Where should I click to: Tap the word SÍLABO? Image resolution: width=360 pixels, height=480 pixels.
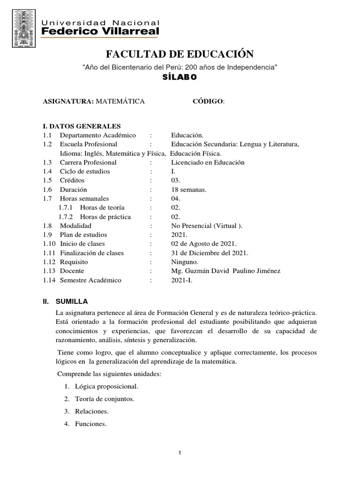click(x=180, y=78)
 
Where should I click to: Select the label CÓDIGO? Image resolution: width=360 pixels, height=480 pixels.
click(x=208, y=101)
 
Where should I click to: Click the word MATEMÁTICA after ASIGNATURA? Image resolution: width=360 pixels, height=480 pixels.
click(x=120, y=101)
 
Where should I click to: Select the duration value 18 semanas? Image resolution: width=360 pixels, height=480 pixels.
click(x=189, y=190)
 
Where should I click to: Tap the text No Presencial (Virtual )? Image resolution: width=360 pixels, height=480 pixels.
click(x=207, y=226)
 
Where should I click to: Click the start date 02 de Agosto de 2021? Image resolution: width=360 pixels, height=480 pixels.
click(x=204, y=244)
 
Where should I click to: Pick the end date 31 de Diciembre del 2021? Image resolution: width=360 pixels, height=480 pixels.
click(x=210, y=253)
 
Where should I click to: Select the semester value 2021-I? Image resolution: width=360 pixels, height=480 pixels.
click(x=181, y=280)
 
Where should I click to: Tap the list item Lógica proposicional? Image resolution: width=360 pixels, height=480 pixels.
click(x=106, y=387)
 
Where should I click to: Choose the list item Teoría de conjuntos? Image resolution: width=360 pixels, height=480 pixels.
click(x=105, y=399)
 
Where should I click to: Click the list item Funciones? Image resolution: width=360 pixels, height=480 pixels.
click(x=90, y=425)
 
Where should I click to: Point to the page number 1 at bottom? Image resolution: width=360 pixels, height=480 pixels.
click(x=180, y=453)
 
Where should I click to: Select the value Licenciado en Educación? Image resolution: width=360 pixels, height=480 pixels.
click(x=208, y=162)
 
